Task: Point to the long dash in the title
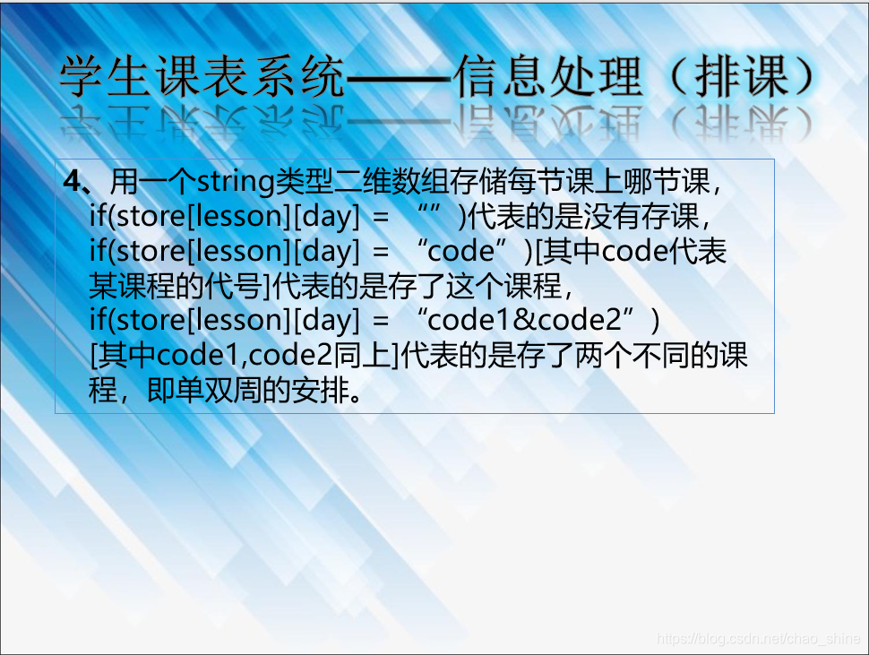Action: [399, 78]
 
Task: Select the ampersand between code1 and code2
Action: [525, 320]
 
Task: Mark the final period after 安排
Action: [356, 397]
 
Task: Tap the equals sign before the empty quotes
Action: [381, 217]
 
